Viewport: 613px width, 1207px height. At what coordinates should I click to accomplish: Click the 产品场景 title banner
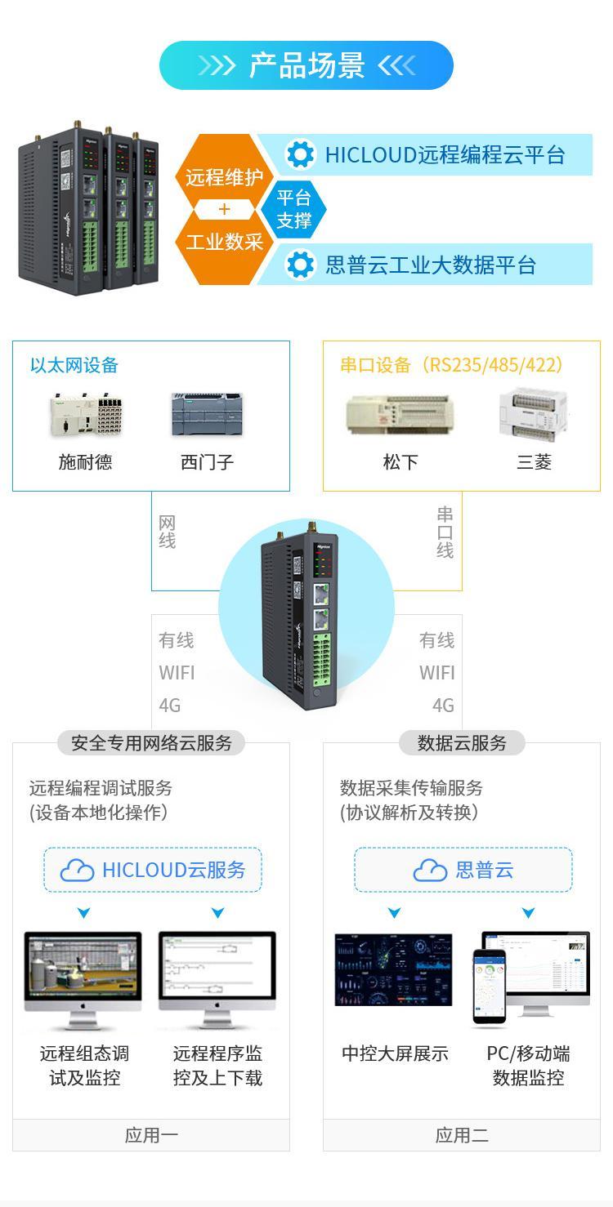306,65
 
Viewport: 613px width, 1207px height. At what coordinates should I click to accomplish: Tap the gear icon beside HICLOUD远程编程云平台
300,154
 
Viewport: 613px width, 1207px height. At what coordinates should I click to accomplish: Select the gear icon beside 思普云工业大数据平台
300,265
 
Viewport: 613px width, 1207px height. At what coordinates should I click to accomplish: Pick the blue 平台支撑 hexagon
293,210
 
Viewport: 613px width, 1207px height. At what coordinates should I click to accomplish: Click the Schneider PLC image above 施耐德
85,415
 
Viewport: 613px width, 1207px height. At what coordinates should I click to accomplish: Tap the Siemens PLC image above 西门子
207,415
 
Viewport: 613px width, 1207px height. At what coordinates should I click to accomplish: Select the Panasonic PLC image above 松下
400,415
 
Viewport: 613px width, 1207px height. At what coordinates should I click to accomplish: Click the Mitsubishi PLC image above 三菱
534,415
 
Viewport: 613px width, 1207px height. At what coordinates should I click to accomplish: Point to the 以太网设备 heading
74,365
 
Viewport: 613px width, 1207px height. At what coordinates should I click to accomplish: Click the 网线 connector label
168,532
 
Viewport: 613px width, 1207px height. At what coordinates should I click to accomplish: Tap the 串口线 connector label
445,532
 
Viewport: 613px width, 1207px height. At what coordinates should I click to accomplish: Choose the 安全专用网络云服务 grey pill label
151,743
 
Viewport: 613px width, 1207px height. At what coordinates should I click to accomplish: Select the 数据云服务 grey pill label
462,743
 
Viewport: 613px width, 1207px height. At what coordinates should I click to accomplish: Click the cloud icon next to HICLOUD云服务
78,871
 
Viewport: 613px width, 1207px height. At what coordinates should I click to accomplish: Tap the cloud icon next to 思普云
430,871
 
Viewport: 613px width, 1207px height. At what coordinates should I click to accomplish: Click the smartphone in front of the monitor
489,986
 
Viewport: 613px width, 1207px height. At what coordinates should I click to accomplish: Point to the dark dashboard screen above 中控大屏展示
393,970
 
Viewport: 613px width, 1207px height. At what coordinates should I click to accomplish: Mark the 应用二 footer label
462,1135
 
